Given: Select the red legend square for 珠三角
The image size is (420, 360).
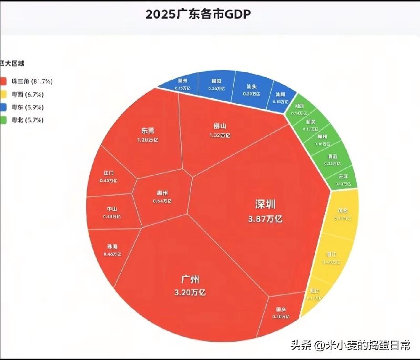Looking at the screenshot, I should point(4,81).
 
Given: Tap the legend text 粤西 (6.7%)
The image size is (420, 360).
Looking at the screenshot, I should point(28,94).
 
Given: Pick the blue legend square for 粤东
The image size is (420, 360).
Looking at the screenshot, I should point(4,107).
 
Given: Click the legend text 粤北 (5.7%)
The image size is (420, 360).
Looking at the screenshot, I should point(28,120).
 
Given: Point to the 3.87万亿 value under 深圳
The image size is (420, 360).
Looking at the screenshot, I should point(265,219).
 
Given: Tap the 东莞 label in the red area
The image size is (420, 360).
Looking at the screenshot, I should point(148,131).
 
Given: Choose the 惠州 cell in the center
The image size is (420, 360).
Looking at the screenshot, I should point(162,197).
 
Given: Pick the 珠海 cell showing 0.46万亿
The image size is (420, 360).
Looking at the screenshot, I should point(112,250).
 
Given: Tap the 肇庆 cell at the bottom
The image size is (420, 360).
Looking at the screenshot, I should point(281,313).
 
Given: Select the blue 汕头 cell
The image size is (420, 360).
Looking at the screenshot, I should point(251,90).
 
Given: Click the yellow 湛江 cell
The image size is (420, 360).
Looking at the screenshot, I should point(331,258).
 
